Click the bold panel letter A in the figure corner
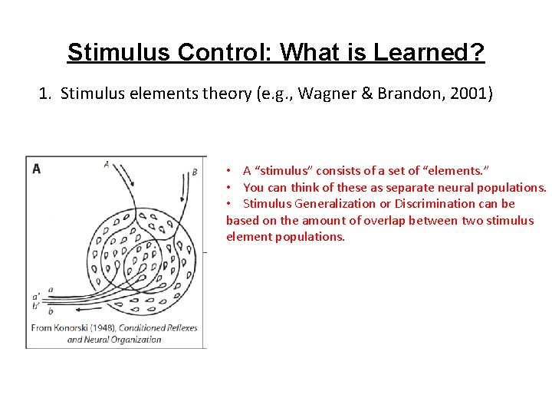36,169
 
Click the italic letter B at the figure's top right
195,172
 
